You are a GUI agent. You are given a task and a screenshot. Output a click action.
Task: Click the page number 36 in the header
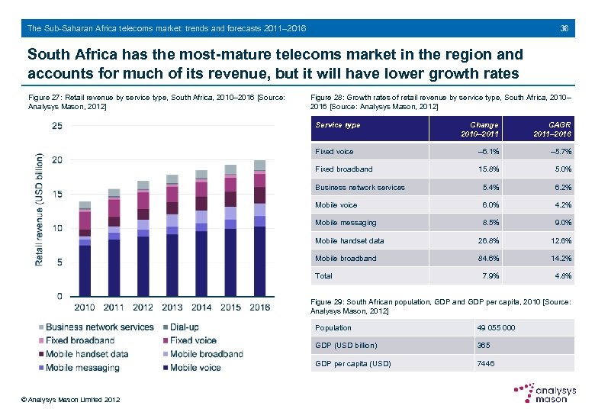click(564, 28)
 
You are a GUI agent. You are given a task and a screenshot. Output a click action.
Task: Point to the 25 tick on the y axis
click(57, 126)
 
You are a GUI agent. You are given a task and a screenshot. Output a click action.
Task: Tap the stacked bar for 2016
click(259, 229)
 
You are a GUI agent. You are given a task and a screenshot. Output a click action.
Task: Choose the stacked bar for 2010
click(85, 249)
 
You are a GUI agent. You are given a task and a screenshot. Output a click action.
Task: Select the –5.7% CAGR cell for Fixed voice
click(558, 152)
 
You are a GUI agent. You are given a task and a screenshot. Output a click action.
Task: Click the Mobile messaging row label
click(346, 223)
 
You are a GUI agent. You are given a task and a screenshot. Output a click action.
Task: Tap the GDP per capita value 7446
click(485, 363)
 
